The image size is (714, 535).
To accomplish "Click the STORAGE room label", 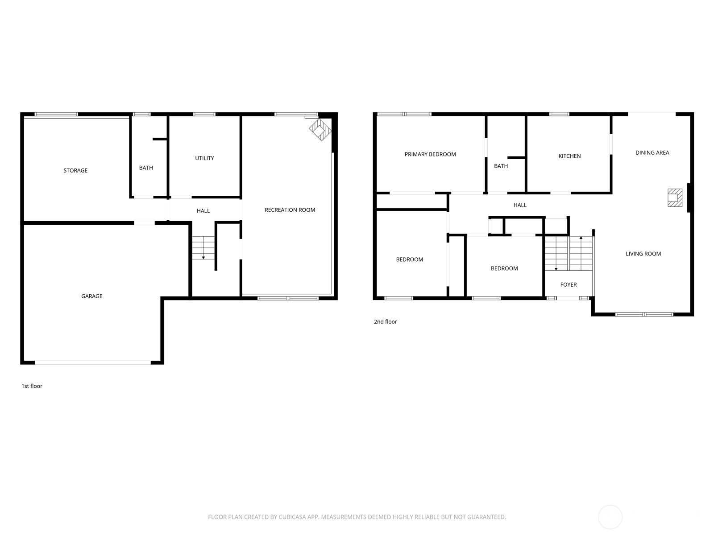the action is [x=75, y=171].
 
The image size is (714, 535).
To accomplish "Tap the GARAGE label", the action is [x=92, y=296].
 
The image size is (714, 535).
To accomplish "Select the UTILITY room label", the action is [x=204, y=158].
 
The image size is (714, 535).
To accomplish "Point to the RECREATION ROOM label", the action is [x=290, y=210].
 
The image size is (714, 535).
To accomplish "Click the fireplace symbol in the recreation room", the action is [x=320, y=130].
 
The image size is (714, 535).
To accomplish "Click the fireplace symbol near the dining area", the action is [x=675, y=198].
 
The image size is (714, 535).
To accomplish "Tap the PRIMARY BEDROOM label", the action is [x=430, y=154].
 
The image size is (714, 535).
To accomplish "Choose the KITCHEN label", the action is [x=569, y=156].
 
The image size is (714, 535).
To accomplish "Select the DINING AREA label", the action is [x=652, y=152].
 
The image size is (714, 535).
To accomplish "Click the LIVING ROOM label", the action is [x=643, y=254].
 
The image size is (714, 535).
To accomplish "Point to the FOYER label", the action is [x=569, y=285].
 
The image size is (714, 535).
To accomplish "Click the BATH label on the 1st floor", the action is [x=146, y=168].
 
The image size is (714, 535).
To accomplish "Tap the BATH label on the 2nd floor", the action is [x=501, y=166].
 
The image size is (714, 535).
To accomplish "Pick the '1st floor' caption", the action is [x=32, y=386].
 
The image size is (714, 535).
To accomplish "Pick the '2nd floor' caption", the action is [x=386, y=322].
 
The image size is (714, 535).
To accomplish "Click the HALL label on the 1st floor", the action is [x=203, y=211].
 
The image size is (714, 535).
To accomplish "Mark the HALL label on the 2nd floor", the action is [x=520, y=205].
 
